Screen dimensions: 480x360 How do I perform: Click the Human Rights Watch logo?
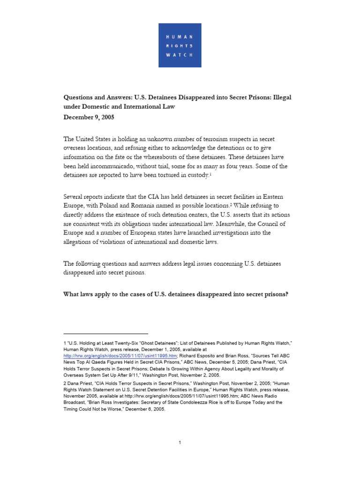click(180, 45)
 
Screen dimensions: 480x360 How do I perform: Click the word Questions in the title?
click(81, 97)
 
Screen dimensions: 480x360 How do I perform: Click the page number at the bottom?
click(180, 442)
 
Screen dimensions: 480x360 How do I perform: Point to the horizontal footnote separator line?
click(105, 333)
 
